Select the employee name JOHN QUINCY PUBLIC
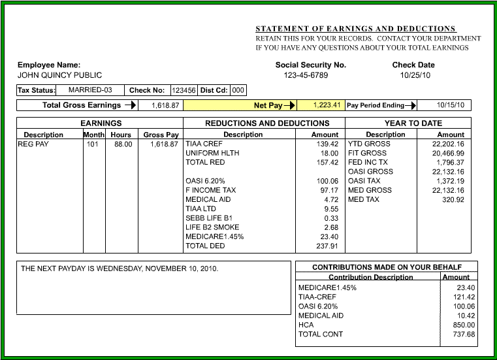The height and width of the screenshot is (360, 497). [59, 75]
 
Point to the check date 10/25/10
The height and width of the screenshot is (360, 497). [413, 75]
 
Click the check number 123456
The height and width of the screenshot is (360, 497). [184, 91]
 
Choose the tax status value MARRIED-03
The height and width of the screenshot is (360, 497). [90, 90]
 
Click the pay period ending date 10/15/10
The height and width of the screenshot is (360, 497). [451, 105]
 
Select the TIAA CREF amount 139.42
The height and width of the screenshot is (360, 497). [327, 144]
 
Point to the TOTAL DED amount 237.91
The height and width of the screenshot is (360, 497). [327, 246]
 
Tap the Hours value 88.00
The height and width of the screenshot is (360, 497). [122, 144]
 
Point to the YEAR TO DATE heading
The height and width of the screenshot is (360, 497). [413, 123]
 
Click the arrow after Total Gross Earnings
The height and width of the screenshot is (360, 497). [130, 105]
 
